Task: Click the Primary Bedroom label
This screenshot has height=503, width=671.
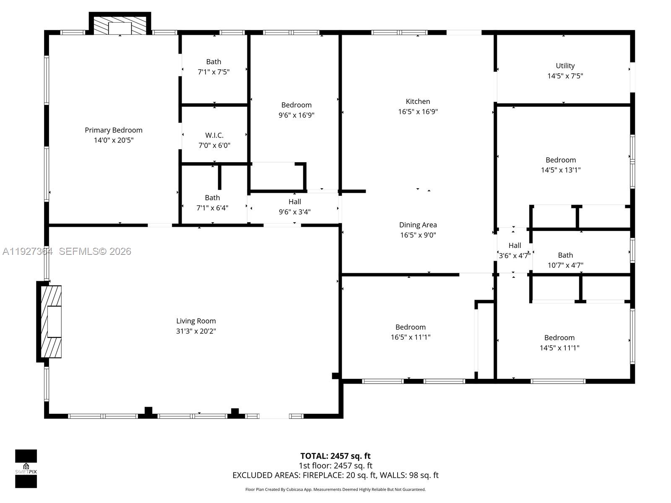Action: pos(114,130)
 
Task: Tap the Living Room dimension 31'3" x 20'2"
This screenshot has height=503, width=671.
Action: pos(196,331)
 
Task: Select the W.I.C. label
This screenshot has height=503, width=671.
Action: pos(214,135)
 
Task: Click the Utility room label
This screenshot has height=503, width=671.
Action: pos(565,66)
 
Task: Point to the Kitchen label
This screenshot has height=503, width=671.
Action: pos(418,101)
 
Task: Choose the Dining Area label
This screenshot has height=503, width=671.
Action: pos(418,225)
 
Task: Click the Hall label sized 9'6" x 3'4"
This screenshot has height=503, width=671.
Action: pos(294,202)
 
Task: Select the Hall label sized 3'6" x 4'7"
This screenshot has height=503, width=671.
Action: pos(515,246)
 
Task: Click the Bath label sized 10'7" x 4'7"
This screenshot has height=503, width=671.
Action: pos(565,255)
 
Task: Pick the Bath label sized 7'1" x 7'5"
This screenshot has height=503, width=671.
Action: pos(213,62)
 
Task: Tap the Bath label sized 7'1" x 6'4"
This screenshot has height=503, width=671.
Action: pos(212,198)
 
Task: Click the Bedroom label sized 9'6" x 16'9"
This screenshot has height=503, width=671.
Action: pos(296,105)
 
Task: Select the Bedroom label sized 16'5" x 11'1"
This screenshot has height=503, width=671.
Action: pos(410,327)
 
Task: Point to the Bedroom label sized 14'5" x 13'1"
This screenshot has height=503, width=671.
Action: pos(560,160)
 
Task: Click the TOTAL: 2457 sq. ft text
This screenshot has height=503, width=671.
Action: pos(335,456)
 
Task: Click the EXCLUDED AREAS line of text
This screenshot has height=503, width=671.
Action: pos(335,475)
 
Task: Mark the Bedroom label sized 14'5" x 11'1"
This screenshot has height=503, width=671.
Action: pos(559,338)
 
